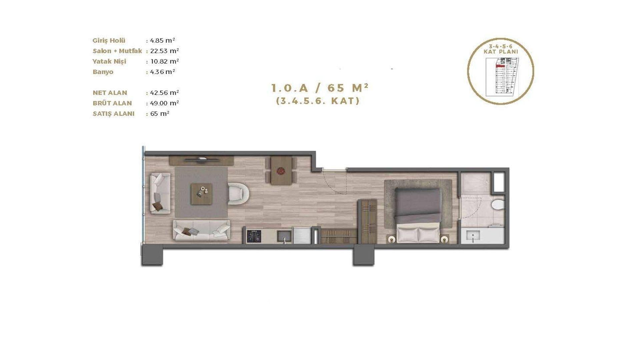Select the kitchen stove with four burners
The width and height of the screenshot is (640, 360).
point(254,236)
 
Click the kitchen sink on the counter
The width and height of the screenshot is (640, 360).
point(284,236)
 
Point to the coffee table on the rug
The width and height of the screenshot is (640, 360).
point(201,194)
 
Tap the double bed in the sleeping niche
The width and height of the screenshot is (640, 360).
point(418,215)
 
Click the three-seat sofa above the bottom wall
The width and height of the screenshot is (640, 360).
point(201,230)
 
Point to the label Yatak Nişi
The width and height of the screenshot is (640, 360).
point(109,62)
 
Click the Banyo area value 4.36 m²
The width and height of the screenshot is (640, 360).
point(162,72)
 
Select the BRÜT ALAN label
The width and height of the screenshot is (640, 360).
point(112,103)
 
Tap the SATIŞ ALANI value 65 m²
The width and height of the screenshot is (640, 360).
point(160,113)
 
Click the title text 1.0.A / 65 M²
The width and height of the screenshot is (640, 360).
point(320,88)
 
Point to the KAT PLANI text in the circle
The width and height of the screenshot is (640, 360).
point(501,52)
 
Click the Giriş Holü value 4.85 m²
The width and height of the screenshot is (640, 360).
point(162,41)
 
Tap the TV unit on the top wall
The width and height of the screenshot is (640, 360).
point(201,160)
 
